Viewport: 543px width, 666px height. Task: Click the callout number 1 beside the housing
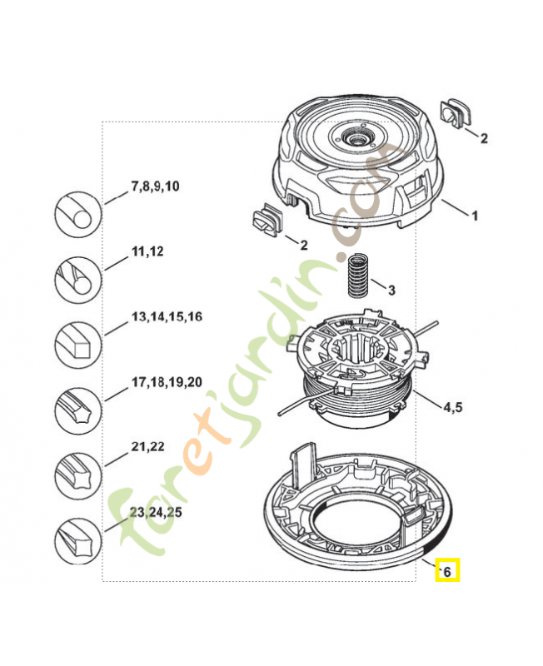tap(475, 216)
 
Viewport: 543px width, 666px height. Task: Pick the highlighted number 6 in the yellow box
tap(447, 571)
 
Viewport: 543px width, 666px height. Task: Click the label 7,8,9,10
tap(155, 186)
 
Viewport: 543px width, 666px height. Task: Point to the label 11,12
tap(147, 251)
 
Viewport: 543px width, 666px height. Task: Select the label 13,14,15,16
tap(167, 317)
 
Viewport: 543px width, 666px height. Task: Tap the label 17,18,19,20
tap(167, 382)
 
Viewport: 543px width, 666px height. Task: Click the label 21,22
tap(147, 446)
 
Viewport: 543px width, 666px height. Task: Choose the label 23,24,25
tap(157, 512)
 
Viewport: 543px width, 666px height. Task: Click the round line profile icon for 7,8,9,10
tap(77, 214)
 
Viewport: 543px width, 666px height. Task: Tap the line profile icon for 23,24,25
tap(77, 539)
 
